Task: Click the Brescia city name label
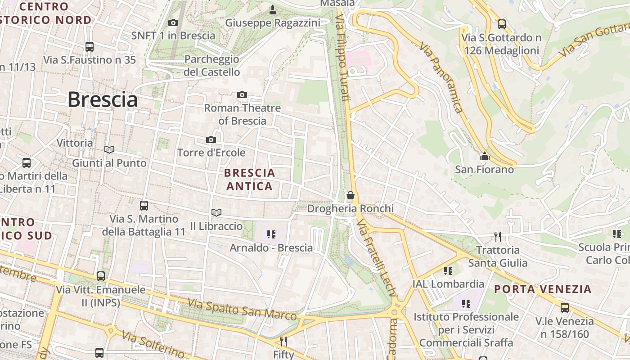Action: click(x=103, y=100)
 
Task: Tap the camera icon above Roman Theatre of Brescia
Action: click(x=242, y=94)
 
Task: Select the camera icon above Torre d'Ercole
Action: click(x=211, y=139)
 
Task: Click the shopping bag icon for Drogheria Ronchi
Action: click(x=350, y=195)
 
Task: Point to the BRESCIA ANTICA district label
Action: click(x=249, y=180)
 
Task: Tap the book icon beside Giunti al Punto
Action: click(x=109, y=149)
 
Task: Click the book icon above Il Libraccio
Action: click(x=216, y=212)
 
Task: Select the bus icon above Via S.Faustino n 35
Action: click(x=90, y=46)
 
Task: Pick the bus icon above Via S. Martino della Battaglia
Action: click(x=144, y=206)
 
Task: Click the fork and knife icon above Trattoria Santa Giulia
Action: click(x=497, y=236)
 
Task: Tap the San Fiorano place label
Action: click(x=484, y=170)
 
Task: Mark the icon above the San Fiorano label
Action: click(x=485, y=156)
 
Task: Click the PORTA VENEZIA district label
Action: click(x=543, y=289)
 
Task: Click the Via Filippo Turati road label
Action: click(x=342, y=58)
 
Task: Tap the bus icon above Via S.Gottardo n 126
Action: click(x=501, y=24)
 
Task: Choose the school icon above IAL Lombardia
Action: click(x=448, y=270)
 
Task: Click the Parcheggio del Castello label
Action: click(x=211, y=66)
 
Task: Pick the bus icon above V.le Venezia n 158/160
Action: click(x=564, y=308)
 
